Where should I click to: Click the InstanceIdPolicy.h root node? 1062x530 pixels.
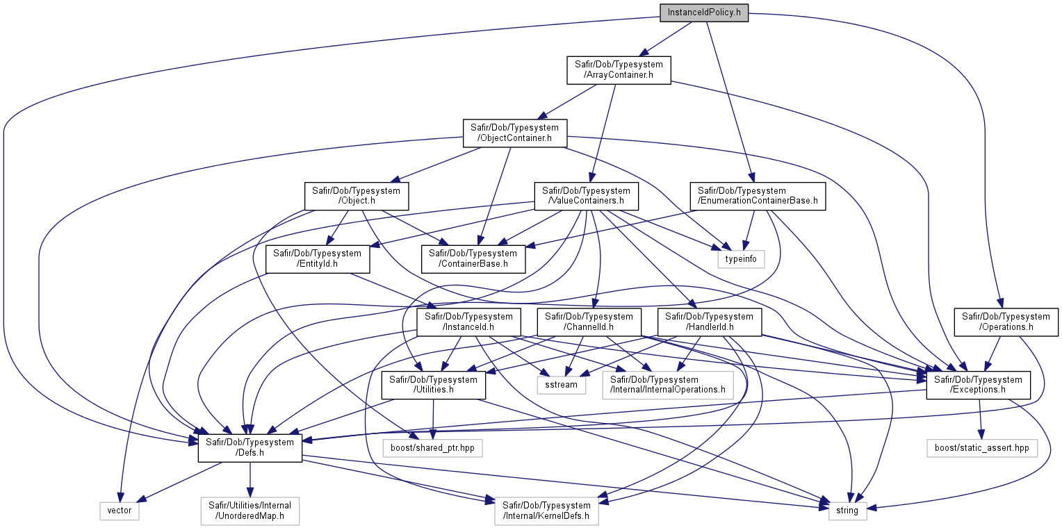(x=704, y=13)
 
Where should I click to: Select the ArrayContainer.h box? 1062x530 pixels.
(x=619, y=70)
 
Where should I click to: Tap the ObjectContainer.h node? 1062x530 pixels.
(x=515, y=133)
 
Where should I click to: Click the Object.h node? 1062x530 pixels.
(x=357, y=196)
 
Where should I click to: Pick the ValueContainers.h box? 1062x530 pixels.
(x=587, y=196)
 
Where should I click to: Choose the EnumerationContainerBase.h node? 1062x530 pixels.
(x=758, y=196)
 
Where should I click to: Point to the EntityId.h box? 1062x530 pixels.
(x=318, y=259)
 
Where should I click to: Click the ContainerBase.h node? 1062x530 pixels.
(x=473, y=259)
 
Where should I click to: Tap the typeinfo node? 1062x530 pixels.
(x=741, y=259)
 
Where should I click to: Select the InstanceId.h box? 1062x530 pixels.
(x=468, y=322)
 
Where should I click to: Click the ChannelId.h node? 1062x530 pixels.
(x=589, y=322)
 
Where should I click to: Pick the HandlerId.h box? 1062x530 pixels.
(x=709, y=322)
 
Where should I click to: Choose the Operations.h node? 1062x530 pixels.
(x=1006, y=322)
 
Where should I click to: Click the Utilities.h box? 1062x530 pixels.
(x=434, y=385)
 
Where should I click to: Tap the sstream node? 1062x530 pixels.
(x=562, y=385)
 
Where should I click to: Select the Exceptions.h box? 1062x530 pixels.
(x=978, y=385)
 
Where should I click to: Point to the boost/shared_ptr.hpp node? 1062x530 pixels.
(x=432, y=448)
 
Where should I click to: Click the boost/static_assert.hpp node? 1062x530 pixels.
(x=982, y=448)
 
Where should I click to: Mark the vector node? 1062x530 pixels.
(x=120, y=511)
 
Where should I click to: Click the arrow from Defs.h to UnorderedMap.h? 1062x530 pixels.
(x=250, y=479)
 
